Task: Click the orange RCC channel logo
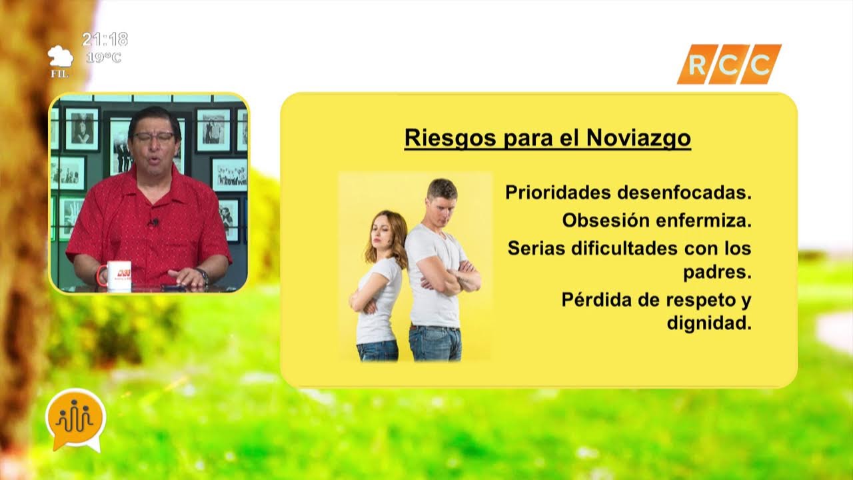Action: [x=729, y=64]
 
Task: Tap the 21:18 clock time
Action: [x=105, y=39]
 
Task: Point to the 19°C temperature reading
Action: [x=104, y=57]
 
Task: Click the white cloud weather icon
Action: [x=60, y=56]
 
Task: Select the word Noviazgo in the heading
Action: [x=638, y=138]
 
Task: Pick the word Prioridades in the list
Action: [x=558, y=193]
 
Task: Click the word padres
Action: [x=717, y=273]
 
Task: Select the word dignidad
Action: [x=708, y=324]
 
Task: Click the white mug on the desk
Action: [x=118, y=274]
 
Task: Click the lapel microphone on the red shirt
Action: [x=154, y=221]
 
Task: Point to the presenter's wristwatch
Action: [x=203, y=275]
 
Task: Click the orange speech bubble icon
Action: [x=75, y=419]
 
